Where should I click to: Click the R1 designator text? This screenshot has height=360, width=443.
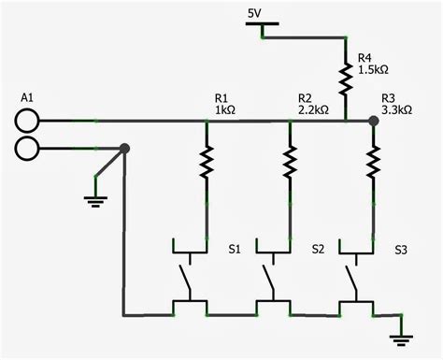[x=222, y=98]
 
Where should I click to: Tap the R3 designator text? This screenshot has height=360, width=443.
[x=389, y=98]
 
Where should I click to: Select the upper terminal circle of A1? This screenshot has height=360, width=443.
[x=27, y=120]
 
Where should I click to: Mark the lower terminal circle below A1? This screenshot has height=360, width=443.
[x=27, y=148]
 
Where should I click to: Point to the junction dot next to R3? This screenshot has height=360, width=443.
[x=374, y=121]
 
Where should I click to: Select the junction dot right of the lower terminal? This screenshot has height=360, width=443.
[x=125, y=148]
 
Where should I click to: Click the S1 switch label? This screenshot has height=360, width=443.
[x=235, y=250]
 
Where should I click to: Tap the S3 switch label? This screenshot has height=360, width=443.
[x=400, y=250]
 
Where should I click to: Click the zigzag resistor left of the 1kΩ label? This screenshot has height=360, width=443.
[x=205, y=163]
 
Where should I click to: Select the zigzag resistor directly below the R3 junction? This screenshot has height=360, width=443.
[x=374, y=163]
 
